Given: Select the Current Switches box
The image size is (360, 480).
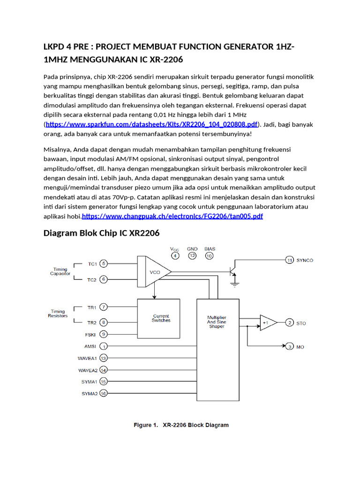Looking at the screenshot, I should tap(161, 318).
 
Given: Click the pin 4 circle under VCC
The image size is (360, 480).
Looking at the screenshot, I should tap(175, 256).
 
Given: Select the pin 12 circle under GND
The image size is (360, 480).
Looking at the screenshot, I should tap(192, 256).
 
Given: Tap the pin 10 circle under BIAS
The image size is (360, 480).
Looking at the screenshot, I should tap(209, 256).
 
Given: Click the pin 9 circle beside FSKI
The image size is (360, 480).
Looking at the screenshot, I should tap(104, 334).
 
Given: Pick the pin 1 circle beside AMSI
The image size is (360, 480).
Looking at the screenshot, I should tap(104, 346).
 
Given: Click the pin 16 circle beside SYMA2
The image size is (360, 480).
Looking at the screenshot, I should tap(104, 394).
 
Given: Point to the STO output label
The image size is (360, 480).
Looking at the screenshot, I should tap(301, 323).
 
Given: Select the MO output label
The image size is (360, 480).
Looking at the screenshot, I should tap(300, 347).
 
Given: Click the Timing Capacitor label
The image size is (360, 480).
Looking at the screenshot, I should tap(60, 272).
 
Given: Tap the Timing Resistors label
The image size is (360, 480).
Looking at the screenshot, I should tap(58, 314).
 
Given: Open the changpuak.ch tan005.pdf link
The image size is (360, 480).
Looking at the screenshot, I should tap(172, 216).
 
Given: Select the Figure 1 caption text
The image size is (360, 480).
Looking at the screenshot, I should tap(181, 425).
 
